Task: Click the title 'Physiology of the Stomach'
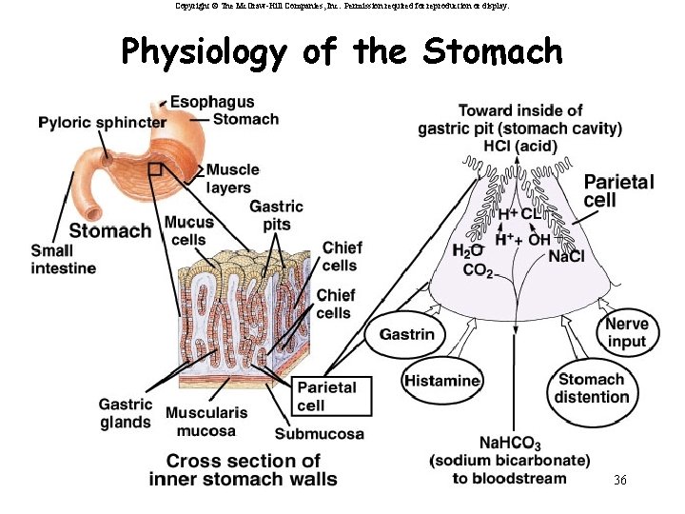342,51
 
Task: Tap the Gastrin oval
406,334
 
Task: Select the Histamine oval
441,381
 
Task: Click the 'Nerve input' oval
626,333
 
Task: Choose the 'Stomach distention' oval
592,388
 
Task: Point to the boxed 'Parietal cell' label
326,396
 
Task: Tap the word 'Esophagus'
213,102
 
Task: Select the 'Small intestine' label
63,260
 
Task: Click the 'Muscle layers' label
232,178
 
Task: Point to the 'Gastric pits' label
276,215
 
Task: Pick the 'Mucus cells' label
188,230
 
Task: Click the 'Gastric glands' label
125,413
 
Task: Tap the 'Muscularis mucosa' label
205,422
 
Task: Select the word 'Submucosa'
319,435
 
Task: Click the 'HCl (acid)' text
520,146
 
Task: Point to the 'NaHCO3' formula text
510,444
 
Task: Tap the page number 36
619,480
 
